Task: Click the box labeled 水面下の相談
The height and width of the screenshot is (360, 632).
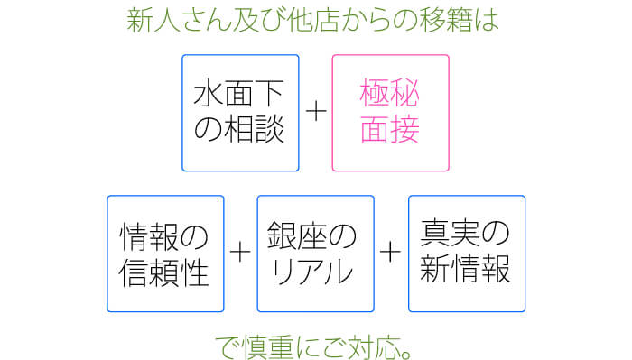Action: (x=240, y=113)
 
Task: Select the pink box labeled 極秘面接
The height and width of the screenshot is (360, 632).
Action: (x=390, y=113)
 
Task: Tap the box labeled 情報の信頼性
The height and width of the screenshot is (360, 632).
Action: (x=165, y=253)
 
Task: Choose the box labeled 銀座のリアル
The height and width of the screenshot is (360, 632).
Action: (x=316, y=253)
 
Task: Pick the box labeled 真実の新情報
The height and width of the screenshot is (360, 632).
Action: (x=466, y=253)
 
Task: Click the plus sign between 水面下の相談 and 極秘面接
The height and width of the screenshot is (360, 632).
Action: (x=315, y=112)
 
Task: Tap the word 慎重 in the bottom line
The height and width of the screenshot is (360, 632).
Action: (x=271, y=344)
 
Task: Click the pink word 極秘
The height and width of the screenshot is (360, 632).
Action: (x=390, y=94)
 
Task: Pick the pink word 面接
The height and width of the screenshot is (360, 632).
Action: (x=390, y=130)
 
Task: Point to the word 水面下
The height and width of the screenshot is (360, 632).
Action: (x=240, y=94)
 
